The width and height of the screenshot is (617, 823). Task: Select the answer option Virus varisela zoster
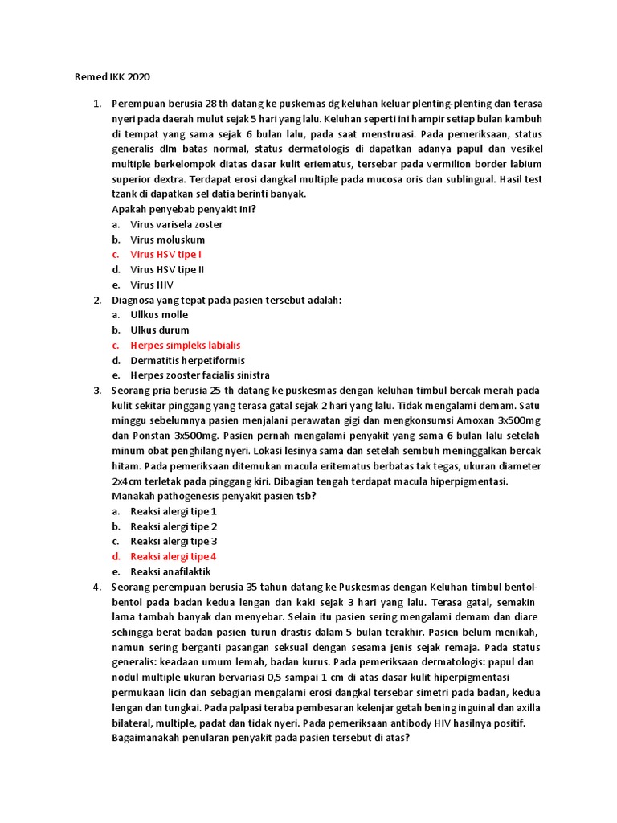177,224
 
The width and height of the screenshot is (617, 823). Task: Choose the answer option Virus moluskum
168,240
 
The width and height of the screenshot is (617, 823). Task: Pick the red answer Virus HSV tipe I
166,255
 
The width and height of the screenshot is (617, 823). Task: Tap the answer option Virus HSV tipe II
167,270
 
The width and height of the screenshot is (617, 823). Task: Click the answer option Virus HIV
152,285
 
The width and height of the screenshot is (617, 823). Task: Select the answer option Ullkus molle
159,315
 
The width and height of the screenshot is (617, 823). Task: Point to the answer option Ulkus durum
160,330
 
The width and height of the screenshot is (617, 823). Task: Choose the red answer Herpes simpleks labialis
186,346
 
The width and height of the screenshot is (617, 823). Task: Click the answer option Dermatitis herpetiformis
188,361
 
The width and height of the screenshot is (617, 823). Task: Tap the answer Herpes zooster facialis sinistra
200,375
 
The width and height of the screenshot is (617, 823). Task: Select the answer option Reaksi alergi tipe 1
174,511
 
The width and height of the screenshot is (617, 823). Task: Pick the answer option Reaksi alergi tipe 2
174,526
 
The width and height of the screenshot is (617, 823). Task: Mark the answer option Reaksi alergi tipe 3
174,542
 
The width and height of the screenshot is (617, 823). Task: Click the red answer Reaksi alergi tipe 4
174,556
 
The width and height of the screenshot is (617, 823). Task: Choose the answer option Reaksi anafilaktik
170,571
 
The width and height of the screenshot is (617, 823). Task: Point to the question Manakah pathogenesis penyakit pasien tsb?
214,496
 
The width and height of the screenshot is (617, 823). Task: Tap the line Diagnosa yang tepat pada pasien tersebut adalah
227,300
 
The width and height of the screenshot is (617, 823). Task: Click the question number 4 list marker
96,587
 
